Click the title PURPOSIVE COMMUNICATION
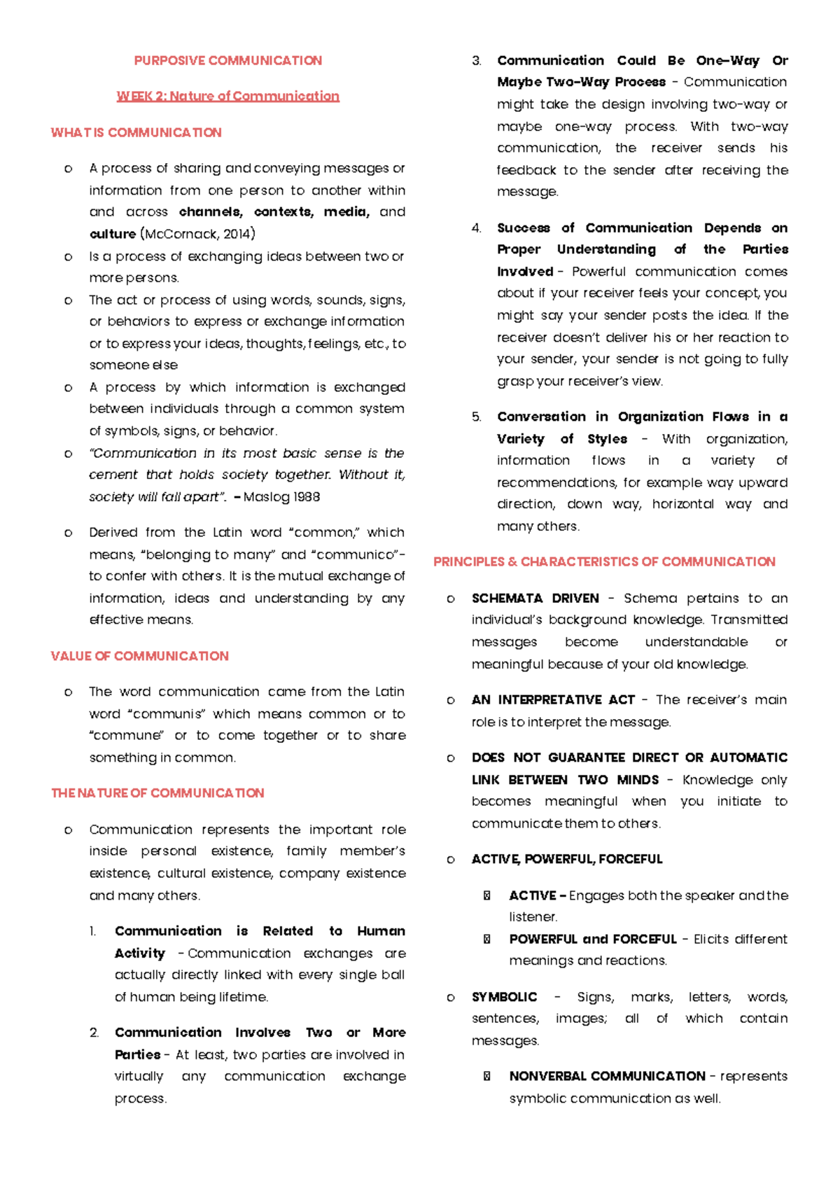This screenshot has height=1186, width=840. pos(227,61)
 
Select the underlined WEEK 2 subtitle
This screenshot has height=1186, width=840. pos(227,96)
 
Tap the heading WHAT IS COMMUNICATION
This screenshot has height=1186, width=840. pos(136,132)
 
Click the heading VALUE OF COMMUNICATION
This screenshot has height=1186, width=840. pos(139,656)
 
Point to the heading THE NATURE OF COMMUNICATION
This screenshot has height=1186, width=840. pos(157,793)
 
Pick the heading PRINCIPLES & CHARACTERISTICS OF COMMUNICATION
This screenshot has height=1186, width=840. pos(604,561)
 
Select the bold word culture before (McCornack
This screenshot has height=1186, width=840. pos(112,234)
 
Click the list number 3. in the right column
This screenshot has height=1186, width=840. pos(477,61)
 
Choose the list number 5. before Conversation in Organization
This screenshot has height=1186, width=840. pos(477,417)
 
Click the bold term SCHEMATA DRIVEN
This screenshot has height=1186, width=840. pos(535,599)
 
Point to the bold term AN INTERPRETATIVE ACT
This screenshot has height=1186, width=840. pos(553,700)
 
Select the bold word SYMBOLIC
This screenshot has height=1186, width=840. pos(504,997)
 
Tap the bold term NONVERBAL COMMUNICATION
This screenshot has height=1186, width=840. pos(607,1076)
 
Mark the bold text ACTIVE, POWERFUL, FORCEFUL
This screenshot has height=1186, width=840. pos(566,859)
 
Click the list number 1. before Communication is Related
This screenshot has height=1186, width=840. pos(92,931)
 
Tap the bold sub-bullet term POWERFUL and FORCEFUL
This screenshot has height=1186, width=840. pos(592,939)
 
